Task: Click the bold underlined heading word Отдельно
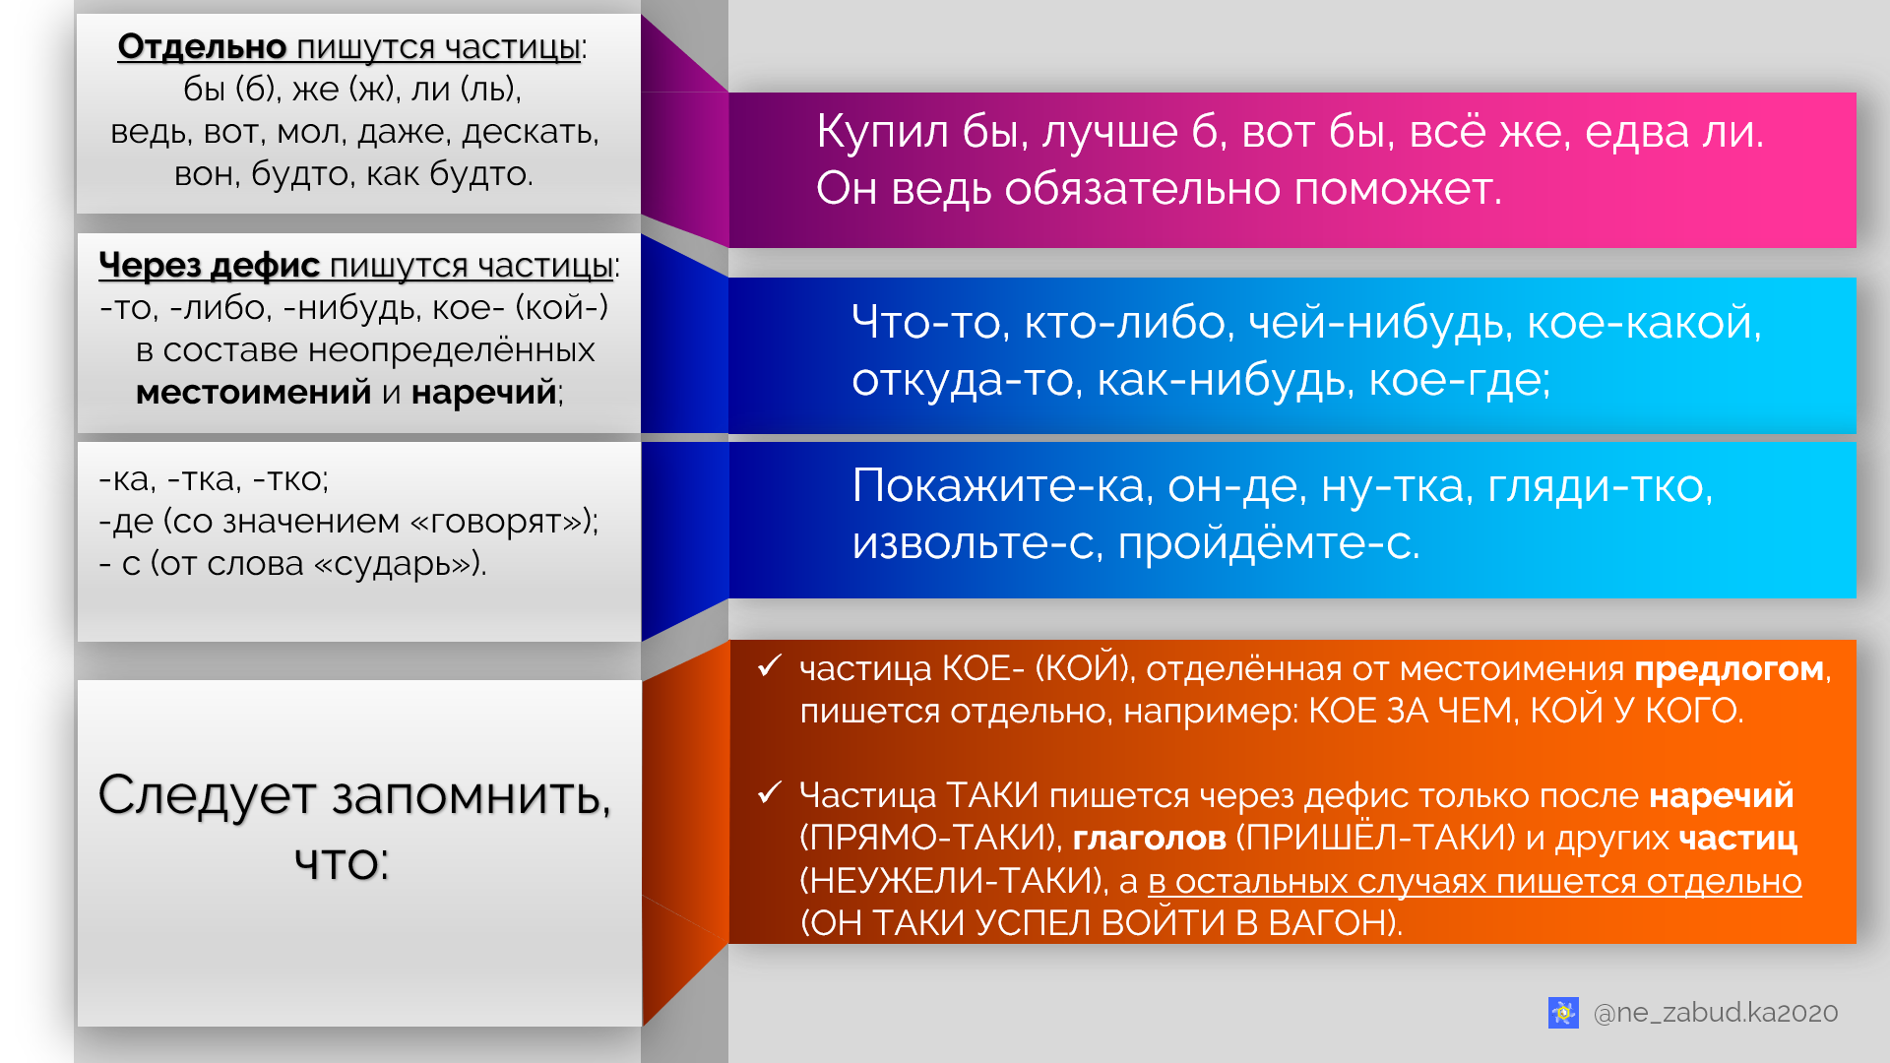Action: (202, 46)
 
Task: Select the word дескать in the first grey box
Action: (530, 131)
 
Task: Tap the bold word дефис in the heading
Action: (265, 265)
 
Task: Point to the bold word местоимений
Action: (253, 392)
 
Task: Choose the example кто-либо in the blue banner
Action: (1128, 322)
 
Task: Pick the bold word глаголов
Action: (1149, 838)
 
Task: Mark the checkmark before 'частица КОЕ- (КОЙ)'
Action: (770, 667)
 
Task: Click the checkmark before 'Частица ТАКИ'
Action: (770, 793)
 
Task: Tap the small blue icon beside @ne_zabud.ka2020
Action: (1563, 1012)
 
